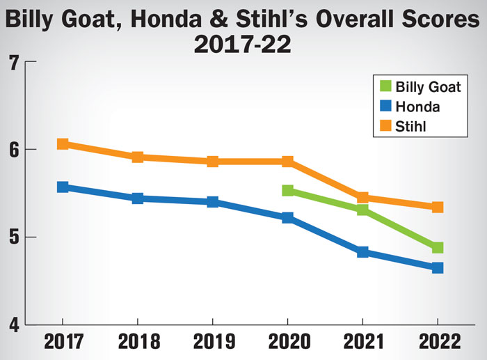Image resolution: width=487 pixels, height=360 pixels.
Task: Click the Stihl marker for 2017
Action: pos(63,144)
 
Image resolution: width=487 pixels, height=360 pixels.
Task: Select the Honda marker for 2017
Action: pos(63,187)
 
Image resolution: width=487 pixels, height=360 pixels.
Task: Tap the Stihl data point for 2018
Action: pos(138,157)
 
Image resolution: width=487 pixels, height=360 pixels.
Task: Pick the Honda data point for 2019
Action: pos(213,202)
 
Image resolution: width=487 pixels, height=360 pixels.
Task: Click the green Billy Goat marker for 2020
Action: pos(288,190)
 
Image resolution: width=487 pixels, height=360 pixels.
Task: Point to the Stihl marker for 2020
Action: pos(288,162)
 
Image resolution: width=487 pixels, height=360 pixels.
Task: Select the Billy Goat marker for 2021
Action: pos(362,209)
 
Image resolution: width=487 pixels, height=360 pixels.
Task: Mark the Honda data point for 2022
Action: pos(438,267)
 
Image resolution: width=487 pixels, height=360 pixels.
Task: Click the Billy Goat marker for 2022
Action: pos(438,248)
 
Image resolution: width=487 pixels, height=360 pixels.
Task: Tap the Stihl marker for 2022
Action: pos(438,207)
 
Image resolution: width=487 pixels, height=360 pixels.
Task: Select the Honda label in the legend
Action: pos(417,107)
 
